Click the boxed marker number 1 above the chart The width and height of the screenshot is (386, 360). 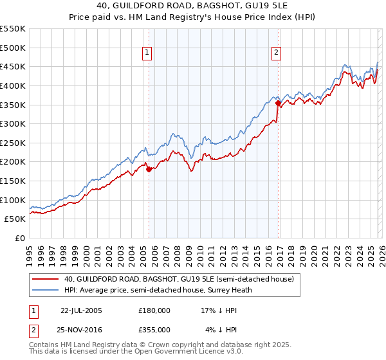pos(148,53)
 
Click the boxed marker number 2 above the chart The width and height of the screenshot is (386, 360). pos(276,53)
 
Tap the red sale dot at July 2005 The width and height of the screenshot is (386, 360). pos(149,170)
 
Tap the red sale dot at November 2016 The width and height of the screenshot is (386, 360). pos(278,103)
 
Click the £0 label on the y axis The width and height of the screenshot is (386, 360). pos(20,238)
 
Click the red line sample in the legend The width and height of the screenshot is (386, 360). pos(46,279)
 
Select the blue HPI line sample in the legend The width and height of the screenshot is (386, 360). pos(46,290)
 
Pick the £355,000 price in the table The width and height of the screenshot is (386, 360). pos(154,329)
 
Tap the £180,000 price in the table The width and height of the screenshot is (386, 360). pos(154,310)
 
